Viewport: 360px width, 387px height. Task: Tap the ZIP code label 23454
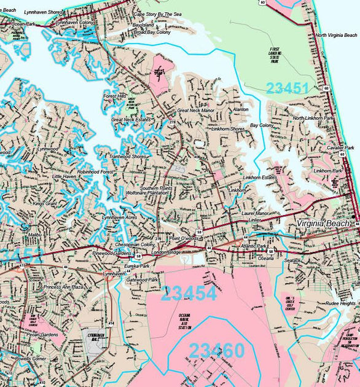coord(189,292)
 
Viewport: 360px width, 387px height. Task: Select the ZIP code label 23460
coord(216,350)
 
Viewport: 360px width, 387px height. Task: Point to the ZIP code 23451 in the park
coord(288,88)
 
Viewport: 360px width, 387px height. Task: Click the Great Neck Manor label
coord(195,111)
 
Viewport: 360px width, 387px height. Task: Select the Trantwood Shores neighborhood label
coord(128,157)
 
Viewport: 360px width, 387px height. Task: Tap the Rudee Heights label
coord(340,303)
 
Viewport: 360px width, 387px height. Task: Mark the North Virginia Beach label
coord(337,36)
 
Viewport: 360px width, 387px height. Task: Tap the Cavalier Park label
coord(340,148)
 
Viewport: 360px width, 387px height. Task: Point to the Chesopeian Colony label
coord(135,244)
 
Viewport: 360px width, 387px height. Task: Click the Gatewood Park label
coord(143,279)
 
